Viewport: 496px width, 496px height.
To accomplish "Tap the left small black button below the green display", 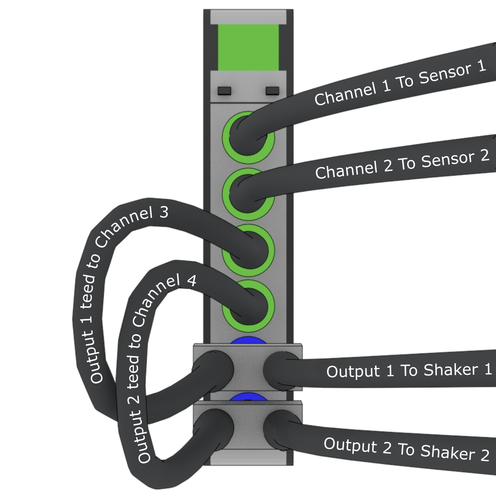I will [224, 91].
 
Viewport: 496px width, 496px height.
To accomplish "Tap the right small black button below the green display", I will [272, 91].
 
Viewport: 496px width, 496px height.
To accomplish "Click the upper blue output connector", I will [248, 340].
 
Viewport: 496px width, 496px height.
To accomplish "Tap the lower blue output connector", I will [248, 397].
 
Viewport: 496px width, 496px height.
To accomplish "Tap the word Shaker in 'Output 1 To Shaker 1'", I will [451, 370].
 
